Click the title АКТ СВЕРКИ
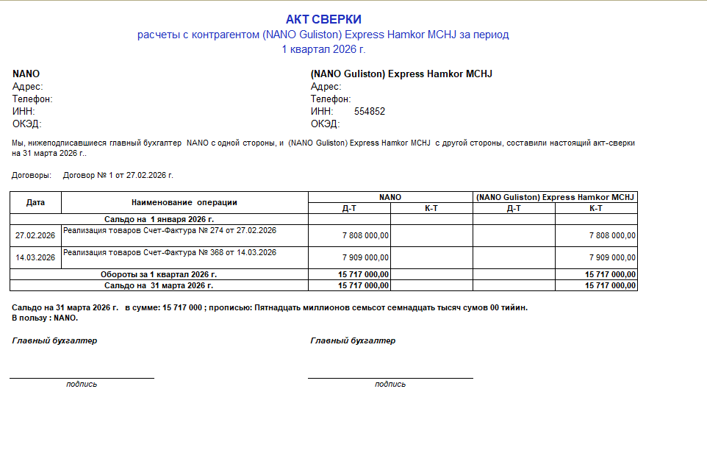323,20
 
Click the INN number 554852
370,112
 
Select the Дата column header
35,202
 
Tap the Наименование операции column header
184,202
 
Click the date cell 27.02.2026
35,236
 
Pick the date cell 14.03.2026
35,258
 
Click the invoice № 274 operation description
170,231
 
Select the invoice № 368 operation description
170,253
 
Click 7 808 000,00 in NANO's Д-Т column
365,236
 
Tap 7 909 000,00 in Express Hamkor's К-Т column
612,258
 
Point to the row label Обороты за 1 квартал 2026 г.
159,274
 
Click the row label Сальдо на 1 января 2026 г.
159,219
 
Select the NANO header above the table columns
390,197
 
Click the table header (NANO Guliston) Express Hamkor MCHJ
555,197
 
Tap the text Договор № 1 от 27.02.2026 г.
118,176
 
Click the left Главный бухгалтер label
54,341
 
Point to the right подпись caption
390,385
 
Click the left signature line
82,378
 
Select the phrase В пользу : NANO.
46,318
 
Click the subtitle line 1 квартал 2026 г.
323,49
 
